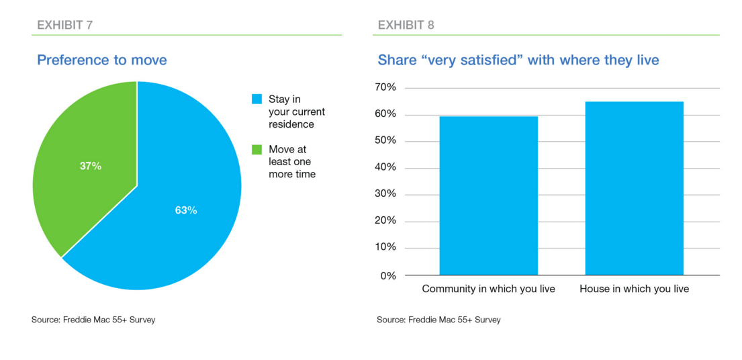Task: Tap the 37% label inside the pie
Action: pos(91,166)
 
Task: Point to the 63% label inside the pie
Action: pos(185,210)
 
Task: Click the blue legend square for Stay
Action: pos(256,99)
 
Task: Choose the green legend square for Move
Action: pos(256,150)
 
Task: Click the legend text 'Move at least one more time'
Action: pos(291,162)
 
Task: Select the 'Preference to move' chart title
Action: pos(102,60)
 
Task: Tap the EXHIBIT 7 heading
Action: pos(64,26)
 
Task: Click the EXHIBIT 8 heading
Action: pos(406,26)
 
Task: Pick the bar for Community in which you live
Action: pos(488,195)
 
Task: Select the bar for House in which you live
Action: pos(634,188)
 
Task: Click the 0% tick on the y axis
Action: pos(388,275)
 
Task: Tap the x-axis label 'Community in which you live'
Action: pos(488,289)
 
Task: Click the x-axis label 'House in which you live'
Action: pos(634,289)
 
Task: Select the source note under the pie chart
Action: pos(93,320)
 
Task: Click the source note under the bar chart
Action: pos(438,320)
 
